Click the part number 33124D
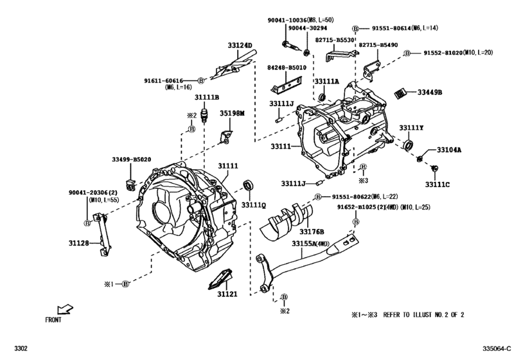point(240,46)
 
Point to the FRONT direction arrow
point(66,309)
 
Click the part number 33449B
point(430,92)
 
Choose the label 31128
point(80,244)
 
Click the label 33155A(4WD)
point(311,244)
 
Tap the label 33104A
point(450,150)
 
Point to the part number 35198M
point(233,113)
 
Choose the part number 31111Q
point(254,205)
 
